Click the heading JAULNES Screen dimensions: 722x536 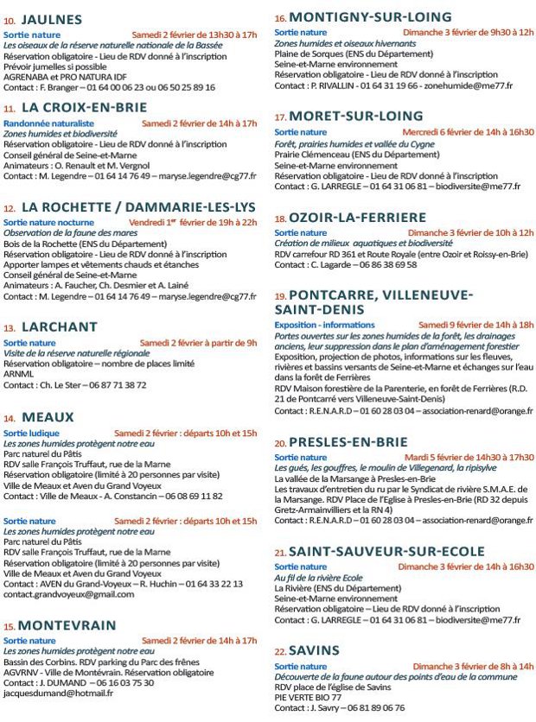pos(51,18)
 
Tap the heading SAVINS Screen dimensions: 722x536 pos(314,650)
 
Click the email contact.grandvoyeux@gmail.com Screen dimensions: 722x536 pos(68,595)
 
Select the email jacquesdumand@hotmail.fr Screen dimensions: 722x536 pos(58,693)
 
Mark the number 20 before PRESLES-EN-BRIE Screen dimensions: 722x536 pos(280,443)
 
